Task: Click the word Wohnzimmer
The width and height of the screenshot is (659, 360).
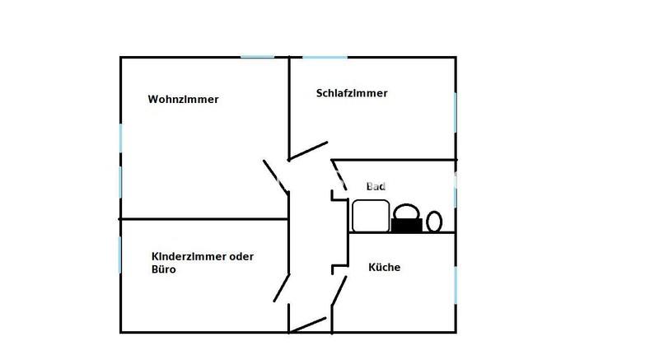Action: [x=183, y=100]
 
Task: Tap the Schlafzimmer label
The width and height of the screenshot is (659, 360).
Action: [x=352, y=93]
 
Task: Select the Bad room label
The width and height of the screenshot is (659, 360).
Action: [x=376, y=187]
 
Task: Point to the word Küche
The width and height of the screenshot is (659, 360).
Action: [x=384, y=267]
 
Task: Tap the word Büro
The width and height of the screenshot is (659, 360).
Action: [x=164, y=269]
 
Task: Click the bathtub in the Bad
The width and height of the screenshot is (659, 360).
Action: [x=370, y=216]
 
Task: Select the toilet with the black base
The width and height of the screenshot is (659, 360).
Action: [x=406, y=218]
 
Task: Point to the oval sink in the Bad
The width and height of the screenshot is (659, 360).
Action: [x=434, y=220]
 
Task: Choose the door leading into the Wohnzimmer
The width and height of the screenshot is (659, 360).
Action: [x=275, y=175]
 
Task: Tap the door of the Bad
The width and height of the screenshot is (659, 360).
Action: [x=338, y=179]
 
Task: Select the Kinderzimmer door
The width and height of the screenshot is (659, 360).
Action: [x=281, y=286]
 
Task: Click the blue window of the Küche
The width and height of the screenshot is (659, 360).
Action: [x=456, y=281]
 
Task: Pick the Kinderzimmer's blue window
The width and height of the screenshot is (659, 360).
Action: [x=121, y=254]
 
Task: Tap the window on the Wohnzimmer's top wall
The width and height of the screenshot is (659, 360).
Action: [x=257, y=57]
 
